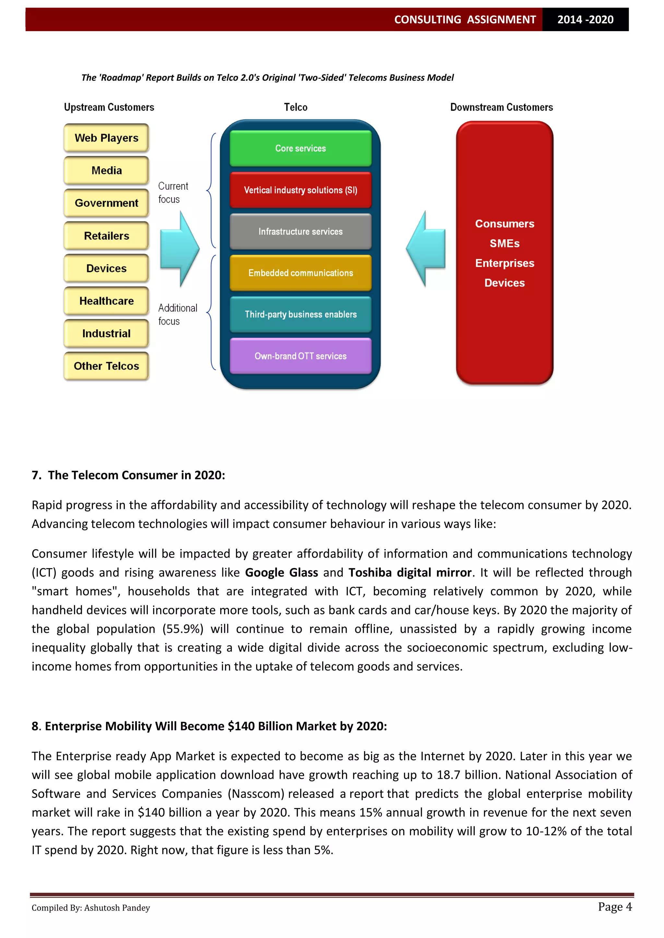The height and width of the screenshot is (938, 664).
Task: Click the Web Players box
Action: [106, 138]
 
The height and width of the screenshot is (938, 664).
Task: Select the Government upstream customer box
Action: [106, 203]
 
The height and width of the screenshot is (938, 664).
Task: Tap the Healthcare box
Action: [106, 301]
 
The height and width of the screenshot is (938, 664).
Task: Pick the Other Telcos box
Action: [106, 366]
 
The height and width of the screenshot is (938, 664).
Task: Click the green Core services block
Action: [301, 148]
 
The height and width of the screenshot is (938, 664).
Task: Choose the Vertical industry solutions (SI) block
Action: [301, 190]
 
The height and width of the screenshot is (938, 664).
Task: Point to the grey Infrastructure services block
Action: [301, 232]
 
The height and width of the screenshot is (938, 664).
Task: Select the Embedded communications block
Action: [301, 273]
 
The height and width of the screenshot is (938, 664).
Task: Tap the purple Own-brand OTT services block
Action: [301, 356]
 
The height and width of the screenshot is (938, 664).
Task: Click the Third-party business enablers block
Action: [301, 314]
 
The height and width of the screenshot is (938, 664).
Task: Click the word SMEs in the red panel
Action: [504, 244]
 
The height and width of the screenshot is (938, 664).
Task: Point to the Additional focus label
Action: [177, 315]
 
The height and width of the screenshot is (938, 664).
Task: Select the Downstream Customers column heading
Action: [501, 108]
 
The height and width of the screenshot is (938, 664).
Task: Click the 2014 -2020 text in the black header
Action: [585, 20]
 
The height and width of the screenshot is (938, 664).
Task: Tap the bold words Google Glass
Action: [281, 572]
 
